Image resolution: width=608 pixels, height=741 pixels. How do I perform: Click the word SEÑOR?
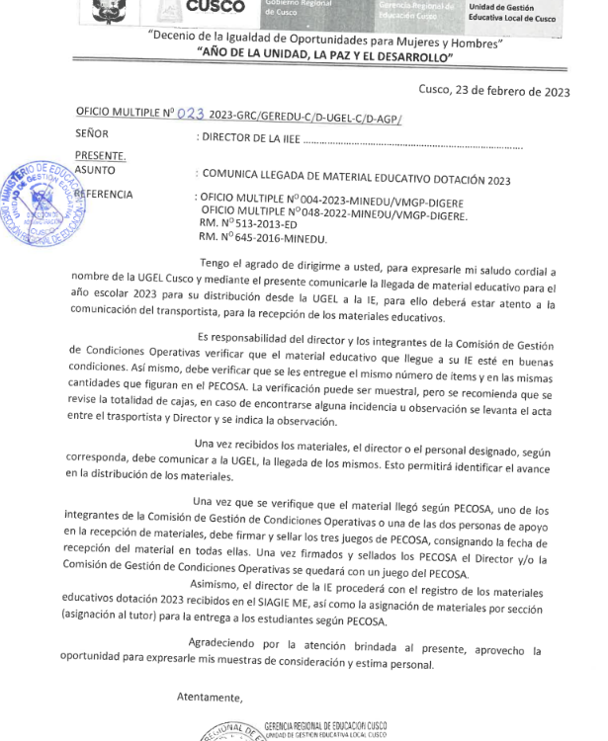(x=92, y=133)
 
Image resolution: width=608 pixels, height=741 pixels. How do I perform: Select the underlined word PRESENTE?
(x=100, y=156)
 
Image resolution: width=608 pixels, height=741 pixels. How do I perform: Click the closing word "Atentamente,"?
(x=209, y=698)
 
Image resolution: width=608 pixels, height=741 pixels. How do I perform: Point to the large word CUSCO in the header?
(x=215, y=7)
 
